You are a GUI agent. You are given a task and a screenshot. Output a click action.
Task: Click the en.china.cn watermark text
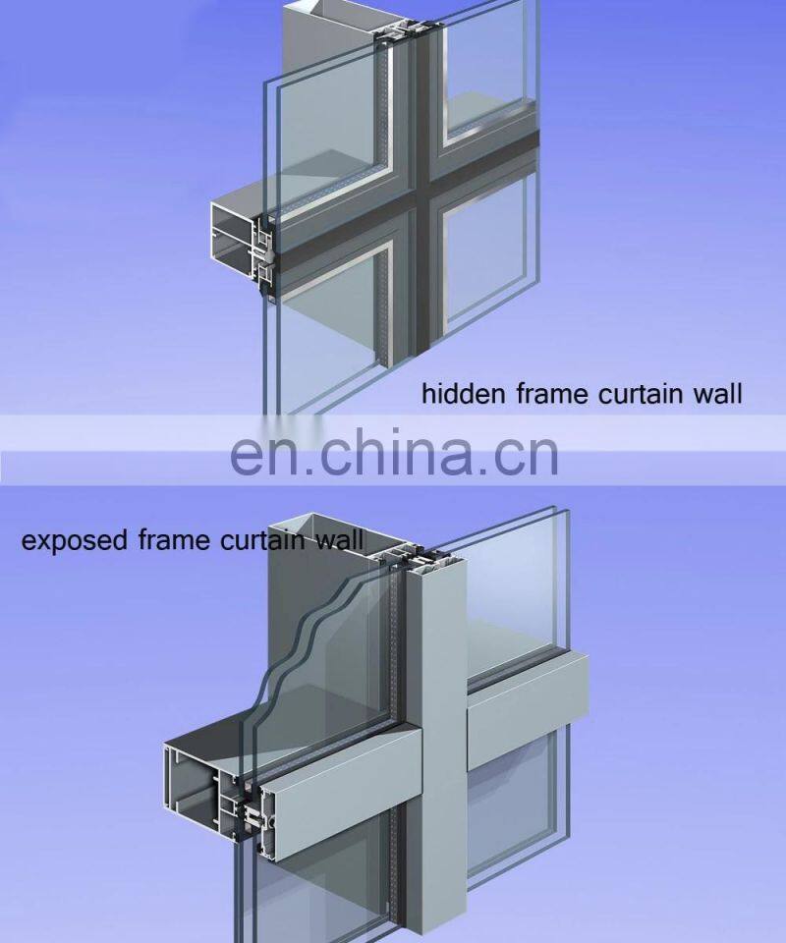pos(393,454)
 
